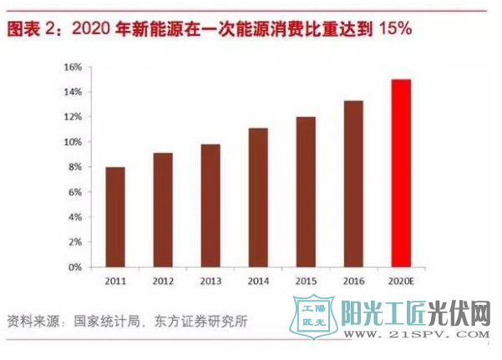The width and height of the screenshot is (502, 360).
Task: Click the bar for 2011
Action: pyautogui.click(x=115, y=217)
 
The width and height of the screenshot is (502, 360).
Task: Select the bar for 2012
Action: pyautogui.click(x=164, y=210)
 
